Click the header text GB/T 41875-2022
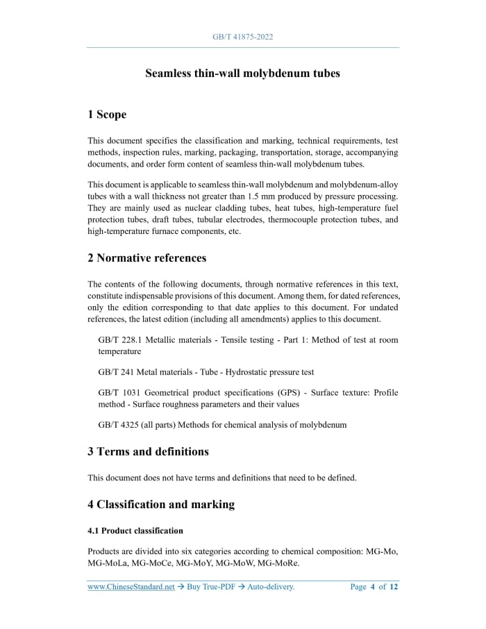click(242, 37)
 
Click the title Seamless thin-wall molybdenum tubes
click(242, 73)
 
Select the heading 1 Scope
click(107, 115)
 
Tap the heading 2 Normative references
click(147, 258)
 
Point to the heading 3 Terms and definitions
click(148, 452)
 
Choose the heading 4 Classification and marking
click(161, 505)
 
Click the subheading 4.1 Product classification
click(135, 531)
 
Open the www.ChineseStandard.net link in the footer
click(131, 587)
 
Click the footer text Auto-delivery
click(271, 587)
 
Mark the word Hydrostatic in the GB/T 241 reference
click(248, 372)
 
